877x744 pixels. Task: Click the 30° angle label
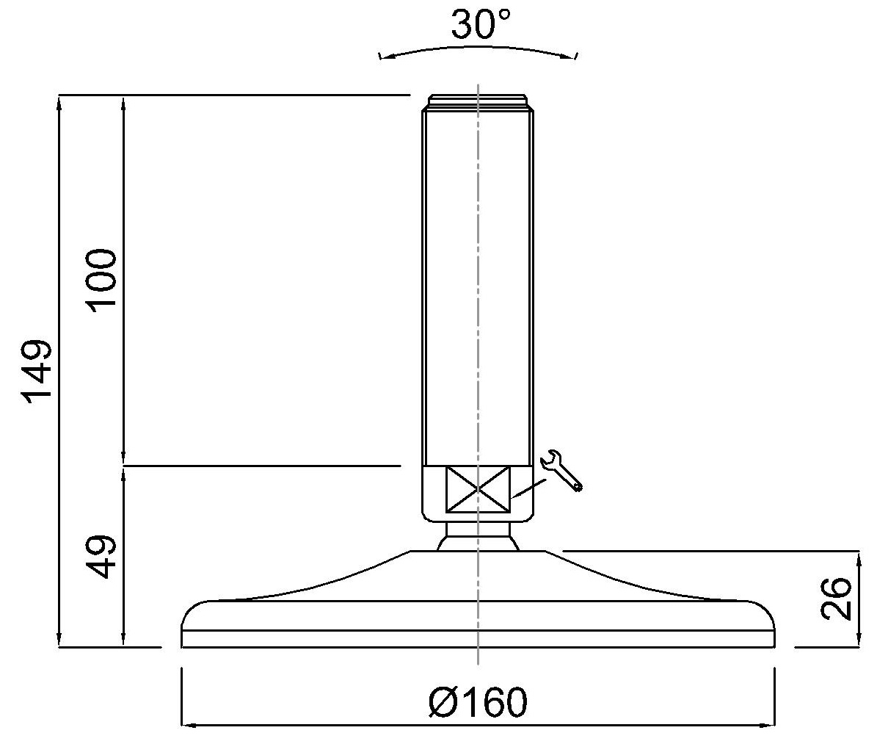click(481, 24)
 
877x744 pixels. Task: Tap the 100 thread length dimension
click(101, 278)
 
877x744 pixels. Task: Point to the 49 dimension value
click(101, 557)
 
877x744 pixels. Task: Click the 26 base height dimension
click(835, 599)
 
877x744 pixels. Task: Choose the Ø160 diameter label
click(478, 702)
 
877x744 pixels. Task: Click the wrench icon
click(561, 471)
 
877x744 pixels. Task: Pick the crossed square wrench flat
click(478, 489)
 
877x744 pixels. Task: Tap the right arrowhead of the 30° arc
click(570, 55)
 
